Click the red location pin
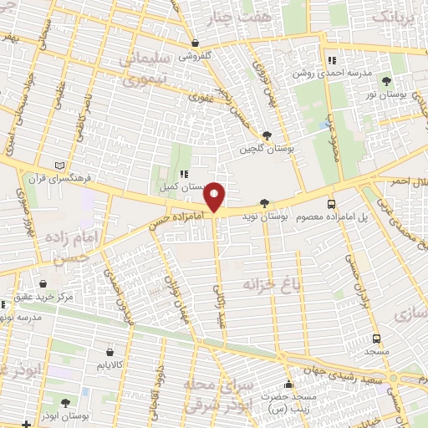pos(215,196)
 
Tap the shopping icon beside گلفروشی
pos(194,43)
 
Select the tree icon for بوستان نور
pos(386,81)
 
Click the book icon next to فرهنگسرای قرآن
pos(57,165)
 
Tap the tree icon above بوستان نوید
pos(265,202)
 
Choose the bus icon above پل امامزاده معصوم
pos(332,204)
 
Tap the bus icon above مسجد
pos(377,339)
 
